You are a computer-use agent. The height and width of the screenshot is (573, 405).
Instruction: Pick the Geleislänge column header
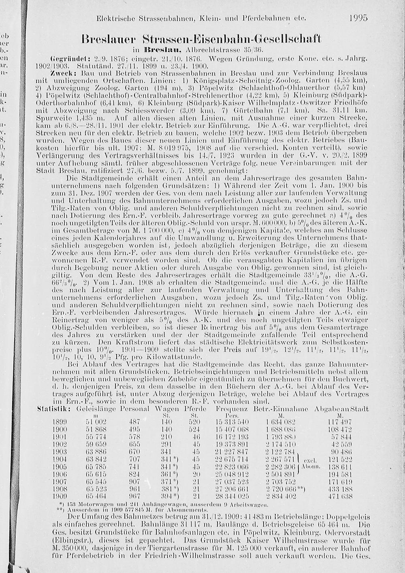click(96, 408)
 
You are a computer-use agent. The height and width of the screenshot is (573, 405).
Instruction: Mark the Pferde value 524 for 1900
click(194, 430)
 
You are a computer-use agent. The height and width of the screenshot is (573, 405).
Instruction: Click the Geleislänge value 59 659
click(96, 445)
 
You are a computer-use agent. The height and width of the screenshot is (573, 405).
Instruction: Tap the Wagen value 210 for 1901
click(166, 437)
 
